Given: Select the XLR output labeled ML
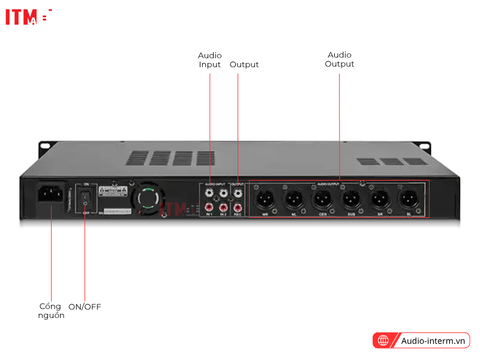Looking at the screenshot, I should pos(292,197).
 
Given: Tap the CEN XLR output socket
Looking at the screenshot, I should pos(321,197).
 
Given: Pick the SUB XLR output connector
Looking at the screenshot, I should pos(350,197).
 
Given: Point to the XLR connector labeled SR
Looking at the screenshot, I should pos(379,197).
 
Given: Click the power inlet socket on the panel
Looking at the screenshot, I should pos(50,194).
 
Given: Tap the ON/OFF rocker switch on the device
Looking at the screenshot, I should pos(86,196).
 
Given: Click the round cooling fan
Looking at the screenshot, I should pos(148,199).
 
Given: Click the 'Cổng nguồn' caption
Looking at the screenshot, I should pos(50,311).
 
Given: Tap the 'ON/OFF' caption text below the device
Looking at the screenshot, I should pos(85,307).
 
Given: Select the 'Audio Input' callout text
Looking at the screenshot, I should pos(210,60).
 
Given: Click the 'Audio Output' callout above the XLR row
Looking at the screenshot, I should pos(340,59).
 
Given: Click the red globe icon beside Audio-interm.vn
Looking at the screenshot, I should pos(382,341).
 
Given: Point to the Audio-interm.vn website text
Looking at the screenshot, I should pos(433,341).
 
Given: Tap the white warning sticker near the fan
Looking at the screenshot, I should pos(112,193).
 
